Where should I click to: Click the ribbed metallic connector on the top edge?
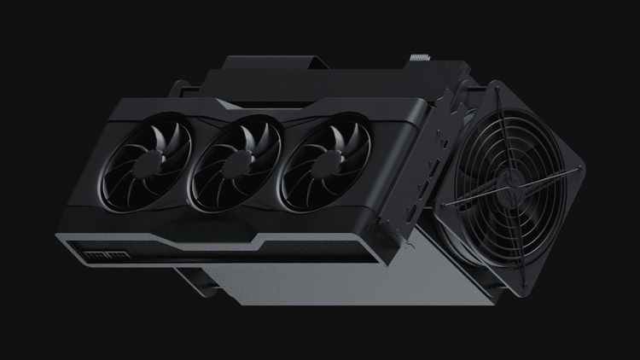pyautogui.click(x=421, y=61)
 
